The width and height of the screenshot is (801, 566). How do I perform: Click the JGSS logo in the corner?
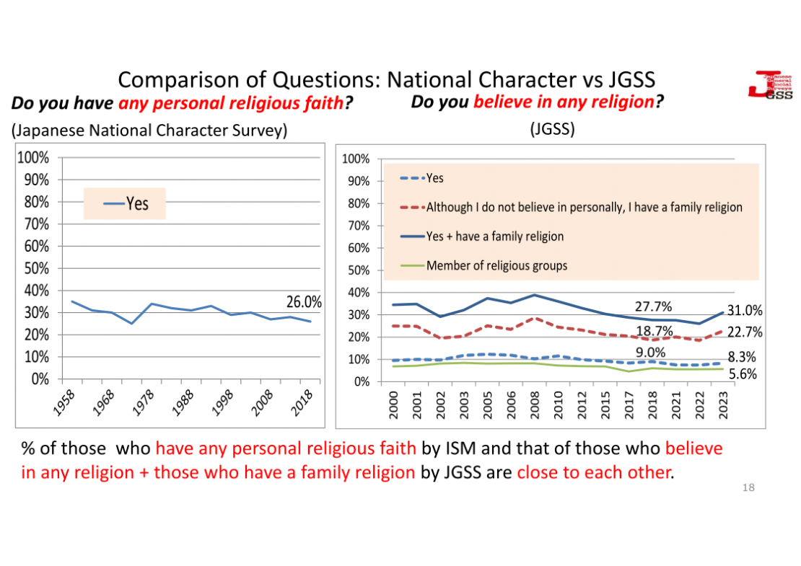(x=769, y=86)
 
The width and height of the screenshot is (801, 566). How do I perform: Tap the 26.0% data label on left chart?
(x=304, y=301)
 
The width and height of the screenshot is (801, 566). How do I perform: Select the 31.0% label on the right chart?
(x=745, y=310)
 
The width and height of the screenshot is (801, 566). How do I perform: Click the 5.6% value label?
(x=742, y=373)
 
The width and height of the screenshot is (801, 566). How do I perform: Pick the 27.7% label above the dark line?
(x=653, y=307)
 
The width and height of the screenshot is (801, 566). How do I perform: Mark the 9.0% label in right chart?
(x=650, y=353)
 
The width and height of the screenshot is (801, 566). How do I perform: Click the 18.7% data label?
(x=654, y=330)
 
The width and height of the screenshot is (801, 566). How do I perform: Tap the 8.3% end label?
(x=742, y=356)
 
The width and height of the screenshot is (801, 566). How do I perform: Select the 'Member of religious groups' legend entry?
(x=496, y=265)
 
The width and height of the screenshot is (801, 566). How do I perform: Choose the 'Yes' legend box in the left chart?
(x=125, y=203)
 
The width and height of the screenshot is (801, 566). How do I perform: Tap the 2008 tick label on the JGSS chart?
(x=534, y=404)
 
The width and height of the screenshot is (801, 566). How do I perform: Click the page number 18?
(x=748, y=488)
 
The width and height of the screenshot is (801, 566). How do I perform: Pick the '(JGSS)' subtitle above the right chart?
(x=552, y=130)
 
